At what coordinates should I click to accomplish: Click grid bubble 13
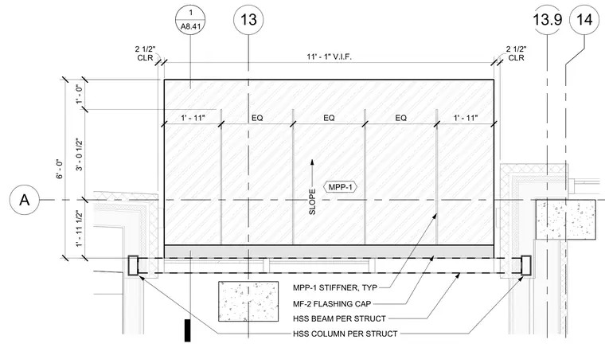point(248,19)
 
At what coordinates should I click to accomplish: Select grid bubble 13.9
point(547,19)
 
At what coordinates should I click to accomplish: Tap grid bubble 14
point(584,19)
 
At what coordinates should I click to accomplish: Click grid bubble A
point(25,200)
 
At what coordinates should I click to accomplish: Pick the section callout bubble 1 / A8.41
point(190,19)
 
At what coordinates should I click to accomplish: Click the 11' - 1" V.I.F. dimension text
point(329,57)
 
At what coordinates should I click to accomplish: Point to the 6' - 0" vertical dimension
point(60,169)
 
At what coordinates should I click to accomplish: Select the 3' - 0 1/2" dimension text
point(79,154)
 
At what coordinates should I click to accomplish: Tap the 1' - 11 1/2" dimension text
point(79,228)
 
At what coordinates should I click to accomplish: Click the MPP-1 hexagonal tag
point(340,187)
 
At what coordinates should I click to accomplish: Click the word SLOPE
point(312,201)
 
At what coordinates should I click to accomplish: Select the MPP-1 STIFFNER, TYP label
point(335,287)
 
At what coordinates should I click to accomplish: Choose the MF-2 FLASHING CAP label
point(332,304)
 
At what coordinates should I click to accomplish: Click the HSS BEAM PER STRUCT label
point(339,318)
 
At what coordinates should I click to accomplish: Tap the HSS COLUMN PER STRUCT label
point(345,334)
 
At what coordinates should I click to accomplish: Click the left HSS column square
point(133,265)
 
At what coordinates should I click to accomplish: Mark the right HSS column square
point(526,265)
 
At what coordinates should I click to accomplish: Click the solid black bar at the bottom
point(188,330)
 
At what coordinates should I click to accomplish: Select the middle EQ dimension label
point(329,118)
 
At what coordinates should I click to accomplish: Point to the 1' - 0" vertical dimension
point(79,94)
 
